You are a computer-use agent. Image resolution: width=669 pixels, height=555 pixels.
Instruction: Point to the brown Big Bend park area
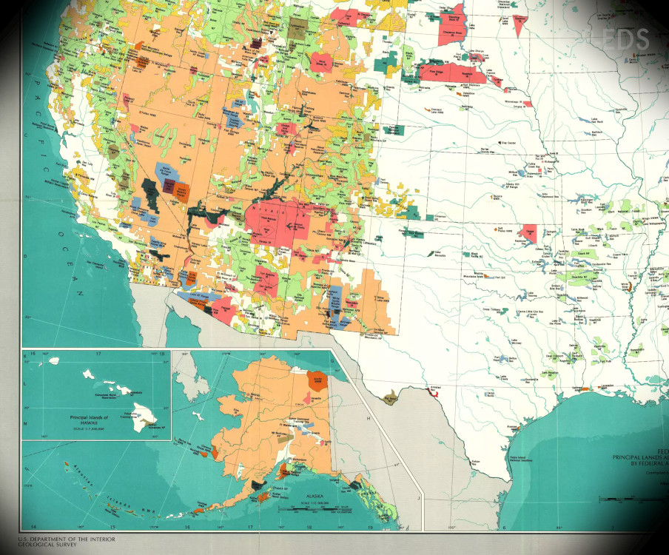point(390,400)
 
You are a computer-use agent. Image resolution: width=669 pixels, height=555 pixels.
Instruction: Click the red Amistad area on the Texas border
point(431,392)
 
